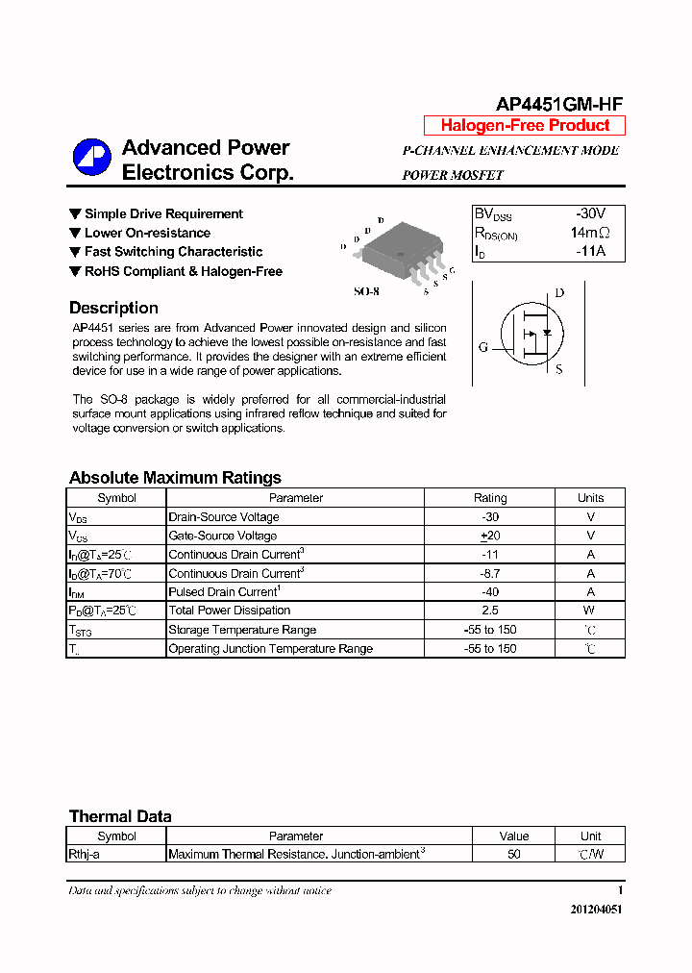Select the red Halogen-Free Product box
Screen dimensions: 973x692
tap(525, 126)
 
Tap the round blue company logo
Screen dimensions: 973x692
tap(93, 159)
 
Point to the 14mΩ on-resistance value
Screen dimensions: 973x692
tap(589, 233)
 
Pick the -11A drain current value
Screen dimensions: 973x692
tap(589, 251)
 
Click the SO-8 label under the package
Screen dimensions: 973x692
tap(368, 290)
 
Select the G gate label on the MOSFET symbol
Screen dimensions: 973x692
tap(482, 346)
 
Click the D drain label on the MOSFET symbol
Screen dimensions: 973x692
tap(559, 293)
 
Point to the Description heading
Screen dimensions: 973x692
tap(113, 309)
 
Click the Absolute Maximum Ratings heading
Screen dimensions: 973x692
tap(175, 478)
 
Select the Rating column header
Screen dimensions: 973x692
tap(490, 498)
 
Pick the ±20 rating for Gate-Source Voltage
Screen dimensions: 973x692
tap(490, 536)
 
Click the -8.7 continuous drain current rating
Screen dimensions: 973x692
tap(490, 573)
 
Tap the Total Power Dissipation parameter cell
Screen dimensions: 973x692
tap(230, 611)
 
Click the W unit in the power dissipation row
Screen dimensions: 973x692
tap(590, 611)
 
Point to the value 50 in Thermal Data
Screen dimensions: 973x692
tap(514, 854)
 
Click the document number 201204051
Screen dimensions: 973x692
tap(589, 910)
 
